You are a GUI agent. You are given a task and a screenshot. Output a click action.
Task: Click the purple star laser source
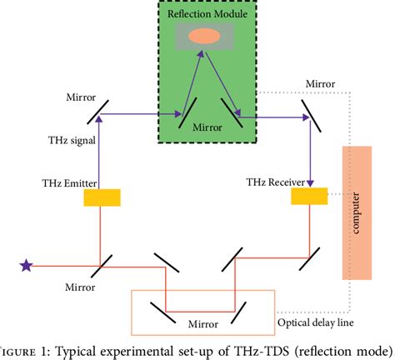[x=26, y=266]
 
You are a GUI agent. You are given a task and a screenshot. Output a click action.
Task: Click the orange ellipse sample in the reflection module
[x=204, y=36]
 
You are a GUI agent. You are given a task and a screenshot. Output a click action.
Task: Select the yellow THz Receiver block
[x=309, y=196]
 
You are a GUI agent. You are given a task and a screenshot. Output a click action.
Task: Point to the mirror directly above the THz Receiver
[x=310, y=110]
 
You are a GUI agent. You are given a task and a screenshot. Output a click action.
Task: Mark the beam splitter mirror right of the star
[x=100, y=265]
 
